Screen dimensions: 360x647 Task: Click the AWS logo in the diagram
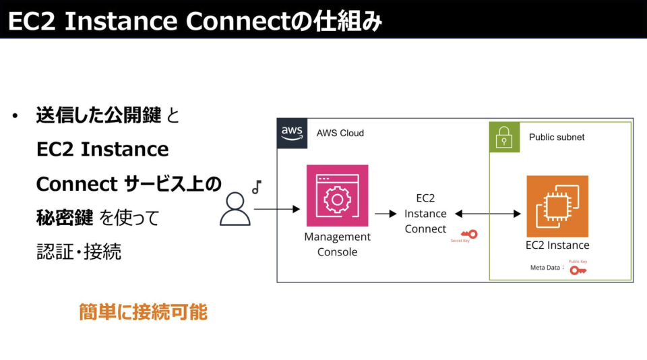292,133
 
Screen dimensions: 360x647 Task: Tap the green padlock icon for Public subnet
504,138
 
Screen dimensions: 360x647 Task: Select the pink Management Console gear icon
337,196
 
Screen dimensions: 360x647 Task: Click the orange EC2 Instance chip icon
557,206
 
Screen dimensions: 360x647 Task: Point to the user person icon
235,209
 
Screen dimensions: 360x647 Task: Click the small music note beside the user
256,187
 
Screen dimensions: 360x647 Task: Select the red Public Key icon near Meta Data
578,270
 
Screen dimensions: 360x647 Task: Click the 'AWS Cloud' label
340,133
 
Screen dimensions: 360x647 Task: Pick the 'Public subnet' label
557,137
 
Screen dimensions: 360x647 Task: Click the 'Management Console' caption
337,245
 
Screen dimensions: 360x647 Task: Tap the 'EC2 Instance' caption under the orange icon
557,245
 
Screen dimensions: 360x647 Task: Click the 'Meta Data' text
545,268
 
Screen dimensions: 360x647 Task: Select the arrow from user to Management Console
277,210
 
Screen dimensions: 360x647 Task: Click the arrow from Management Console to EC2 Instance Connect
386,214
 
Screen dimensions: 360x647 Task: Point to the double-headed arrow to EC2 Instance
487,214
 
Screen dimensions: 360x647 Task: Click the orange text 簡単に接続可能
143,312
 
